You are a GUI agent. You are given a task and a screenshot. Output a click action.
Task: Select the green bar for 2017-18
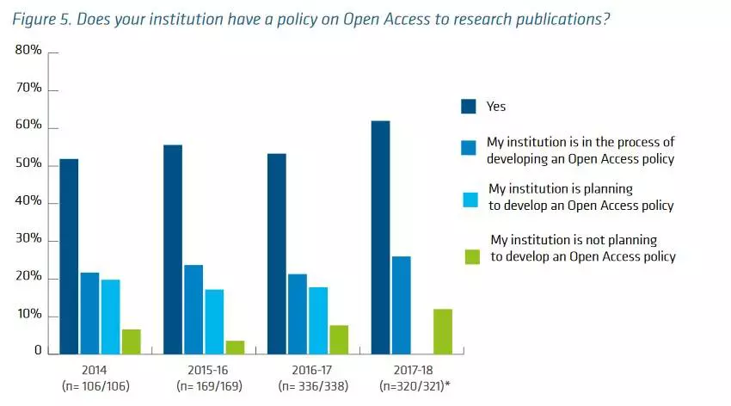click(442, 331)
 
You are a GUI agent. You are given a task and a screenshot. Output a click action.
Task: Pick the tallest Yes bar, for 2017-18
click(380, 237)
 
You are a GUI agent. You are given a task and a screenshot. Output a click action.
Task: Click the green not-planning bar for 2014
click(131, 341)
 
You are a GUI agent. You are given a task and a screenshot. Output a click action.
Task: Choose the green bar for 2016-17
click(339, 339)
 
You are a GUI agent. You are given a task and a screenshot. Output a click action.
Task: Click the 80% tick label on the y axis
click(28, 51)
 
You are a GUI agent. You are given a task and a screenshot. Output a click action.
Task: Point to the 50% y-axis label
click(28, 163)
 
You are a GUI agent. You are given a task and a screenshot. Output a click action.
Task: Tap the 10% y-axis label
click(28, 315)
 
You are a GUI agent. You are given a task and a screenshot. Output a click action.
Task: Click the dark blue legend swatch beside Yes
click(469, 106)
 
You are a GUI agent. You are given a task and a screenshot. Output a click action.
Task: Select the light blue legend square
click(469, 199)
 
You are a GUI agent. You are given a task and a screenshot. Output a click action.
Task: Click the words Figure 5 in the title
click(37, 19)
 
